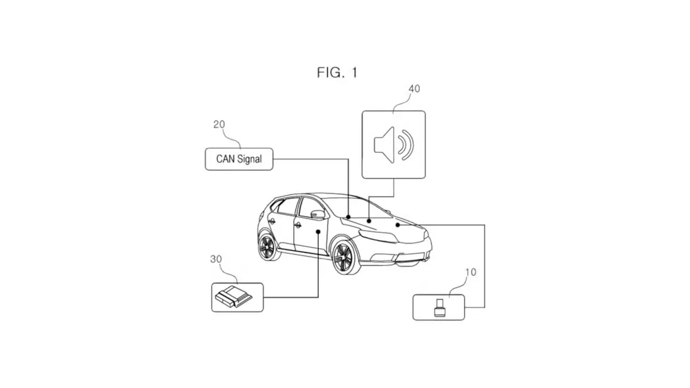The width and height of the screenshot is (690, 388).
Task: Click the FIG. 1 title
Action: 337,73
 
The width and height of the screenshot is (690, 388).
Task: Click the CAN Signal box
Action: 239,159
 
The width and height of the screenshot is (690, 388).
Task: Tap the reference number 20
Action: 219,125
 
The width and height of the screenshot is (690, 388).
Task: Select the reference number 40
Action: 414,89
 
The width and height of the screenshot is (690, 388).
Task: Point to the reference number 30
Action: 216,259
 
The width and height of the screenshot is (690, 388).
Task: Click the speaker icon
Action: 394,145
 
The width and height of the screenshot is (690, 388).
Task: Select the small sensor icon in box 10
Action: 439,309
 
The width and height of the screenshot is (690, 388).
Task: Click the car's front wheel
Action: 343,257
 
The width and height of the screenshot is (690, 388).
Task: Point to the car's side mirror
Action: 318,214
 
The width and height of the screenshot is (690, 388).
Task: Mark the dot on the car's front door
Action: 318,231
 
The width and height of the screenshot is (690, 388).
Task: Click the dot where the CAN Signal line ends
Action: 349,217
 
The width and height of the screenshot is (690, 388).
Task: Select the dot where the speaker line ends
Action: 369,220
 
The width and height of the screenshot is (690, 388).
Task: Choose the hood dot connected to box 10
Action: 397,225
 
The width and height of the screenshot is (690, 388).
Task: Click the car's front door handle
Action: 297,225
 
